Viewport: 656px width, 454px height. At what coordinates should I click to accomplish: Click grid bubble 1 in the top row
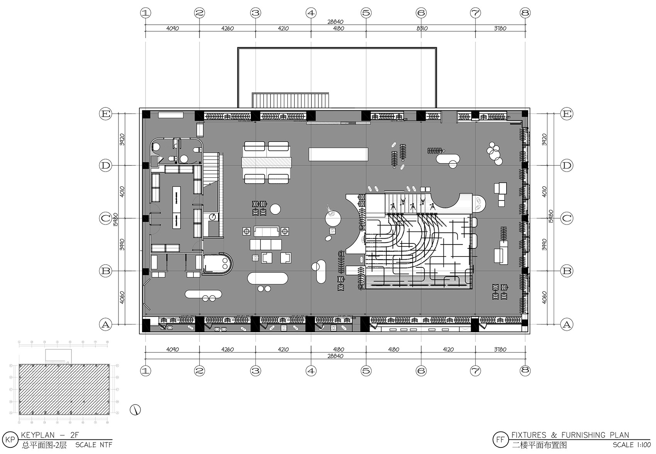click(145, 13)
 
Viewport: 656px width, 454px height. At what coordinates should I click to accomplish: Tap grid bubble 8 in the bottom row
click(525, 371)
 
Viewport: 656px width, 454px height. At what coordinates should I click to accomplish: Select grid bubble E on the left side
click(105, 114)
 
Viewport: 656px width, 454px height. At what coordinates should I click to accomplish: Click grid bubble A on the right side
click(566, 325)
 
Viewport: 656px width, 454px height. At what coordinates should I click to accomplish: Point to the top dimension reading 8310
click(421, 28)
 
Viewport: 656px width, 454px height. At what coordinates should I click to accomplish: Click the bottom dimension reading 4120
click(448, 349)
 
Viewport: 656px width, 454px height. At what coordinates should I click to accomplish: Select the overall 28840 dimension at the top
click(335, 22)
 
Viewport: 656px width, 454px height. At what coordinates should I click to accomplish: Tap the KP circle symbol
click(12, 440)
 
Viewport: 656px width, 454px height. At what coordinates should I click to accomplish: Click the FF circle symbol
click(500, 440)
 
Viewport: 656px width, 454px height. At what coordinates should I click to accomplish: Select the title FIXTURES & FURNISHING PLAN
click(570, 435)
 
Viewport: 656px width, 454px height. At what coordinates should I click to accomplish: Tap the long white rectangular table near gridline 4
click(338, 154)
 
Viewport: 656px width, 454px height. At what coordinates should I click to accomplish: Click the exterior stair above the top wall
click(291, 100)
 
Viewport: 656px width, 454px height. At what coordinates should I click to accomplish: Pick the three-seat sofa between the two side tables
click(266, 231)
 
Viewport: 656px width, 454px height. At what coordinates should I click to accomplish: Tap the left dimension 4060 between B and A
click(122, 297)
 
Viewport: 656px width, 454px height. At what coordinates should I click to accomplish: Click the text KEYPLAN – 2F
click(50, 435)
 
